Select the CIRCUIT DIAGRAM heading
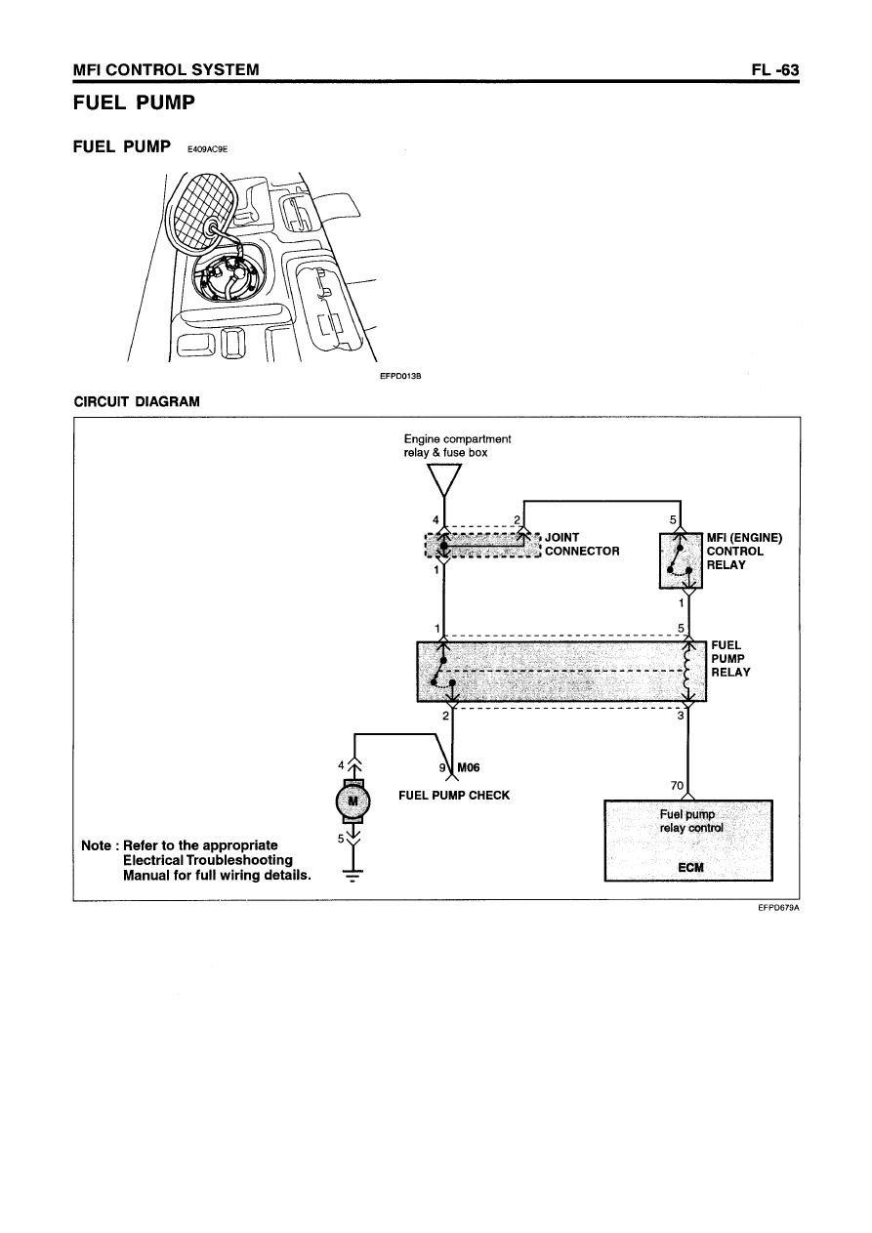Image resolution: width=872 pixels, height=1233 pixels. (137, 401)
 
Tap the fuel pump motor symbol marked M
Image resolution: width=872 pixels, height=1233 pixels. (353, 802)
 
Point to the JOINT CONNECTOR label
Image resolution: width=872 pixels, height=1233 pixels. (582, 544)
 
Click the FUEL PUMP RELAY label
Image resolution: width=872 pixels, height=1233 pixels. (730, 658)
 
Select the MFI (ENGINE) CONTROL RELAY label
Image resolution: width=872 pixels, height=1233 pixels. (745, 552)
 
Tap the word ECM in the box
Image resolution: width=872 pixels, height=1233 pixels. (689, 867)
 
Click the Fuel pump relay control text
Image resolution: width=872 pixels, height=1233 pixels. (688, 822)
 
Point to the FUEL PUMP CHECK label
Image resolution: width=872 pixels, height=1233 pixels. (454, 795)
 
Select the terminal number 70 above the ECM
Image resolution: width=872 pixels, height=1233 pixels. (677, 785)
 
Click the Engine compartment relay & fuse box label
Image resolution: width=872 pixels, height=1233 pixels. (457, 445)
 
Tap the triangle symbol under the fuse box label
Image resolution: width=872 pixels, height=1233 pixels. (444, 479)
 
